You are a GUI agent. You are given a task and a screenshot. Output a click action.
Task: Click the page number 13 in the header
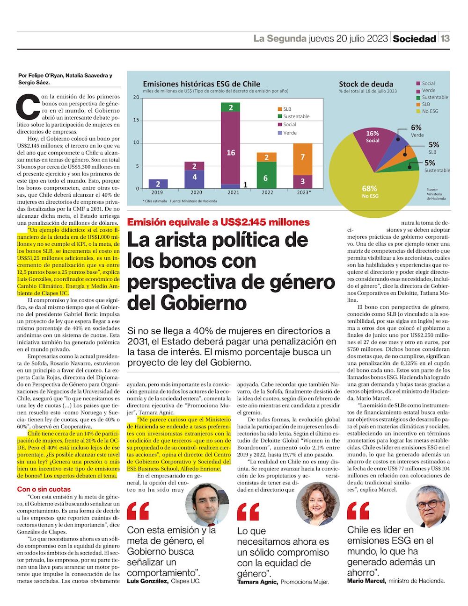(445, 38)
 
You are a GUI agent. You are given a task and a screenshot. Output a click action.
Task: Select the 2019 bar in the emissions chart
(158, 184)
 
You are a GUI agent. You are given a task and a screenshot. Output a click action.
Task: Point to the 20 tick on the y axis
(136, 97)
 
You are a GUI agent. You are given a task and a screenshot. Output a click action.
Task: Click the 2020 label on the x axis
(197, 192)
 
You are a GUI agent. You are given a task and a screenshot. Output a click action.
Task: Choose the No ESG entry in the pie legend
(430, 111)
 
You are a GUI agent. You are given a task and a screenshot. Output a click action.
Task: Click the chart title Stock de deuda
(366, 84)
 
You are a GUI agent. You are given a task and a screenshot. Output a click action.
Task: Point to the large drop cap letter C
(27, 107)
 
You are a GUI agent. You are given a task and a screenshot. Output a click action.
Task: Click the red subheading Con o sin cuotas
(44, 489)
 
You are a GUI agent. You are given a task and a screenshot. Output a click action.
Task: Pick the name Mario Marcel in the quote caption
(366, 581)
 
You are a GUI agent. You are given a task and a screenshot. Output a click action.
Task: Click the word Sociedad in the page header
(414, 39)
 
